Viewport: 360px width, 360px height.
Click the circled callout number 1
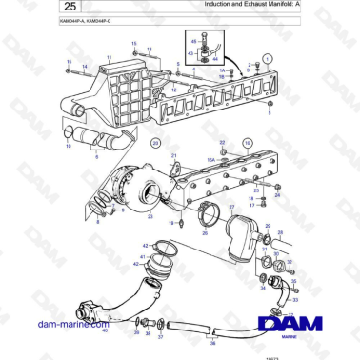pos(268,58)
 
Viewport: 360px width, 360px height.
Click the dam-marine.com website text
pos(68,324)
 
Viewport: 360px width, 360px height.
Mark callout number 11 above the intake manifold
pos(109,59)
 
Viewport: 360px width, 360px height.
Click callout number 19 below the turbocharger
pos(171,223)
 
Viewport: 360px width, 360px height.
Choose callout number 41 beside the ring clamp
pos(142,257)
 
